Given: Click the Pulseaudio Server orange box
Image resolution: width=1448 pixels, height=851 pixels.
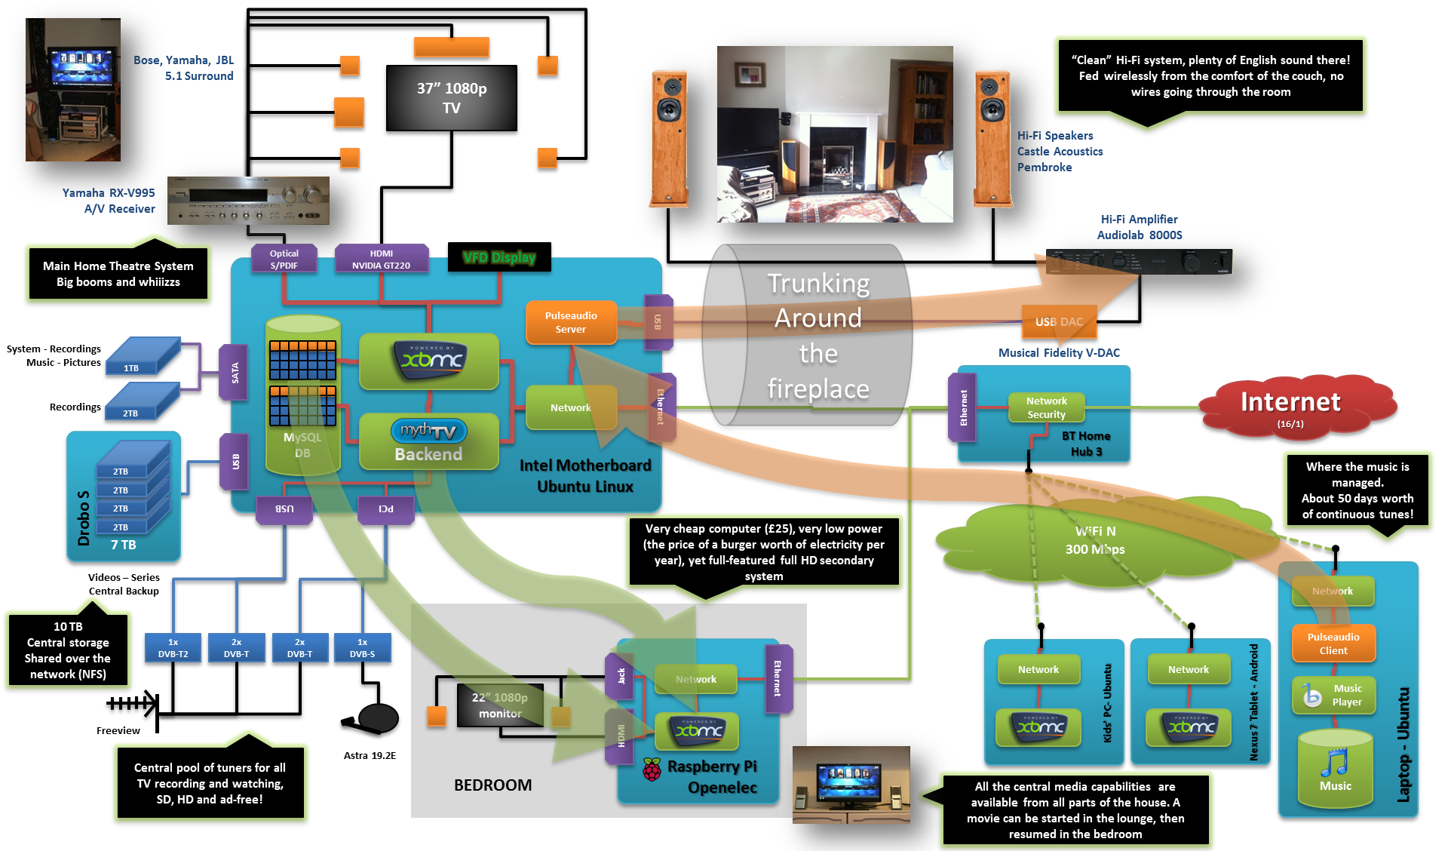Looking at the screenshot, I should click(x=571, y=323).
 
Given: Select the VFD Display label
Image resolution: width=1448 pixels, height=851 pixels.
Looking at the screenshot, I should click(x=499, y=257).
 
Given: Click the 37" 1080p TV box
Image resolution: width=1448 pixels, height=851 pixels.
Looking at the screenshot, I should click(x=451, y=98).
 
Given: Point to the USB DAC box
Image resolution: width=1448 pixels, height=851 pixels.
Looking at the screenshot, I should click(x=1059, y=322).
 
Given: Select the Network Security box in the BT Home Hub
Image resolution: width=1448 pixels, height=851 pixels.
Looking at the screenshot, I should click(x=1046, y=407).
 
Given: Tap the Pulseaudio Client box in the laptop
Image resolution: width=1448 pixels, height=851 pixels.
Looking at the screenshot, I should click(x=1333, y=644).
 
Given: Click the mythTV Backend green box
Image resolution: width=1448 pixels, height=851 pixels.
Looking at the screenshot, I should click(x=428, y=442).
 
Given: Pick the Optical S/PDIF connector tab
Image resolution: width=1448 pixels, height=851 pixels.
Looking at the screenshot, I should click(x=284, y=260).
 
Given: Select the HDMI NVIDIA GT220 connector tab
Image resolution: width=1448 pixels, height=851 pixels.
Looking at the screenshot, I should click(x=381, y=260).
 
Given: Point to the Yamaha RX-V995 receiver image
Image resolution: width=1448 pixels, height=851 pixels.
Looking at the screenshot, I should click(x=248, y=201).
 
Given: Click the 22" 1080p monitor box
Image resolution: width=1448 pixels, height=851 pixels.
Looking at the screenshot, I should click(x=499, y=705).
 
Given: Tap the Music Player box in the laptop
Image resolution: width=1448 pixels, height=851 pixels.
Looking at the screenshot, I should click(x=1333, y=695).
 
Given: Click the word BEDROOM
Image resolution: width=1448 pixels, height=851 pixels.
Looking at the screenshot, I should click(x=492, y=785).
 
